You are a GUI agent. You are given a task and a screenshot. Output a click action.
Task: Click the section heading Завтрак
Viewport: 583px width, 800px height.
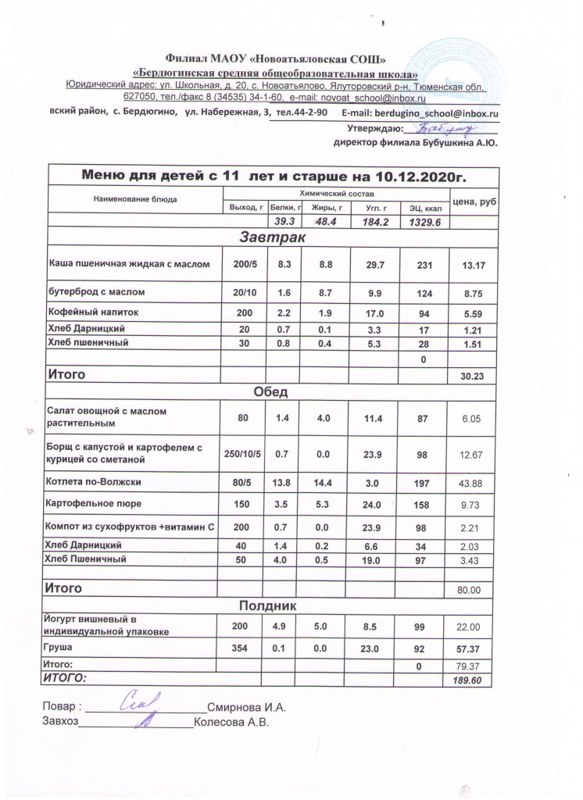tap(273, 237)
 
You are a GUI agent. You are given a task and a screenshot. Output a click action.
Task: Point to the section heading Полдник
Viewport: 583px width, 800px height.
tap(273, 605)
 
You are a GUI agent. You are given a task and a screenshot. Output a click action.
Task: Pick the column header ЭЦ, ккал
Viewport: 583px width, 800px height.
tap(421, 208)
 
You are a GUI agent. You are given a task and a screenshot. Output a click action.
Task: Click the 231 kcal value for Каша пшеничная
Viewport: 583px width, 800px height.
tap(421, 266)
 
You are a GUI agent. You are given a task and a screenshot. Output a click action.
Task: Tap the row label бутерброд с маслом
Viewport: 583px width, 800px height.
tap(97, 292)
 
